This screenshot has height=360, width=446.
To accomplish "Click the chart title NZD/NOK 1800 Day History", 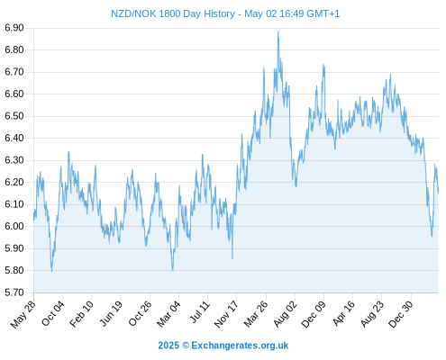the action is pos(173,13).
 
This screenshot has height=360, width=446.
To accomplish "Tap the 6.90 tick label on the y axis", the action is pos(14,28).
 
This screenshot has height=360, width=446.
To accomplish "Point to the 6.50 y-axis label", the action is pos(14,116).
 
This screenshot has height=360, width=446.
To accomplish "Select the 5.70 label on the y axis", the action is pos(14,292).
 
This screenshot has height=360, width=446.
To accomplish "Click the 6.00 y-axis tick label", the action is pos(14,227).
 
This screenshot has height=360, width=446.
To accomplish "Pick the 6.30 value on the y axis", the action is pos(14,160).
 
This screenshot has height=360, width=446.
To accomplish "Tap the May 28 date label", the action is pos(23,314).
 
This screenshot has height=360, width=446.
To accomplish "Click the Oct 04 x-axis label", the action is pos(53,313).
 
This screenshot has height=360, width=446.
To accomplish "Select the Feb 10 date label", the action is pos(81,313).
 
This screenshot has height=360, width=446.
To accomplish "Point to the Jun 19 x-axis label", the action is pos(111,313).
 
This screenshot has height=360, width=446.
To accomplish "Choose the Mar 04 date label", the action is pos(168,314).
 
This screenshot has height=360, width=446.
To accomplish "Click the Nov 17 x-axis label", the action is pos(226,314).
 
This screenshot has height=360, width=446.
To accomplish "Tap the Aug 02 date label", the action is pos(285,314).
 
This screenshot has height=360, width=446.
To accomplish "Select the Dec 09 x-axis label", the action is pos(314,314).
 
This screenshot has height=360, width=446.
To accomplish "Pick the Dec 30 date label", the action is pos(401,314).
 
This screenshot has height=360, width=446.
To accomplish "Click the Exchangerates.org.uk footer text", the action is pos(240,346).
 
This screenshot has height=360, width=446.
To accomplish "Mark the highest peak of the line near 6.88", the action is pos(278,31).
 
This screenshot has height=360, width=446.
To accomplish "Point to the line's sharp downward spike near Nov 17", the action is pos(232,258).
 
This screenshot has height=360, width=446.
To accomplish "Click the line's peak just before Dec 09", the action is pos(323,64).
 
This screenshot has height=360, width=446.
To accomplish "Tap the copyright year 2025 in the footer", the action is pos(168,346).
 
